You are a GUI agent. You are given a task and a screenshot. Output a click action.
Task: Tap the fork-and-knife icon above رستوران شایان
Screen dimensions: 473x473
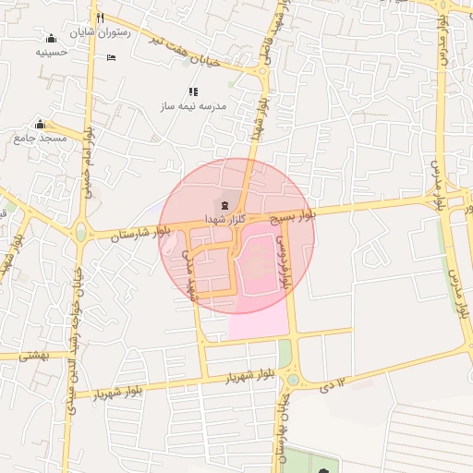(x=100, y=18)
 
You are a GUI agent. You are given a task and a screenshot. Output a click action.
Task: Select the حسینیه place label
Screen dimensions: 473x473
(x=52, y=53)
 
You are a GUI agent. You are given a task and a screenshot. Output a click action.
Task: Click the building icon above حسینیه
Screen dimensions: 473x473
(x=51, y=38)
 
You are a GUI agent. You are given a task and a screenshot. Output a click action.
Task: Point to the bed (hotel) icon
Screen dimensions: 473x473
(x=111, y=58)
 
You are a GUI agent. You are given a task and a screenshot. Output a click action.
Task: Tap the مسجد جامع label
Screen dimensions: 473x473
(x=41, y=139)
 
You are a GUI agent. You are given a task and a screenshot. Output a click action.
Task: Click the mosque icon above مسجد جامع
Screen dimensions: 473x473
(x=40, y=124)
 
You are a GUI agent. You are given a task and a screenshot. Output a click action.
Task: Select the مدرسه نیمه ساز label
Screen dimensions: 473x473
(x=193, y=106)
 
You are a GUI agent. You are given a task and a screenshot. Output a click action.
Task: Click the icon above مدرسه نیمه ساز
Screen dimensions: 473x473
(x=193, y=91)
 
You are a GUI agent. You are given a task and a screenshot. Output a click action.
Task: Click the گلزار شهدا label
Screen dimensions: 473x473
(x=225, y=217)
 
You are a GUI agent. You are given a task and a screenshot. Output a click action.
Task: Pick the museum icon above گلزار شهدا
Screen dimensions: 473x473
(x=225, y=203)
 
